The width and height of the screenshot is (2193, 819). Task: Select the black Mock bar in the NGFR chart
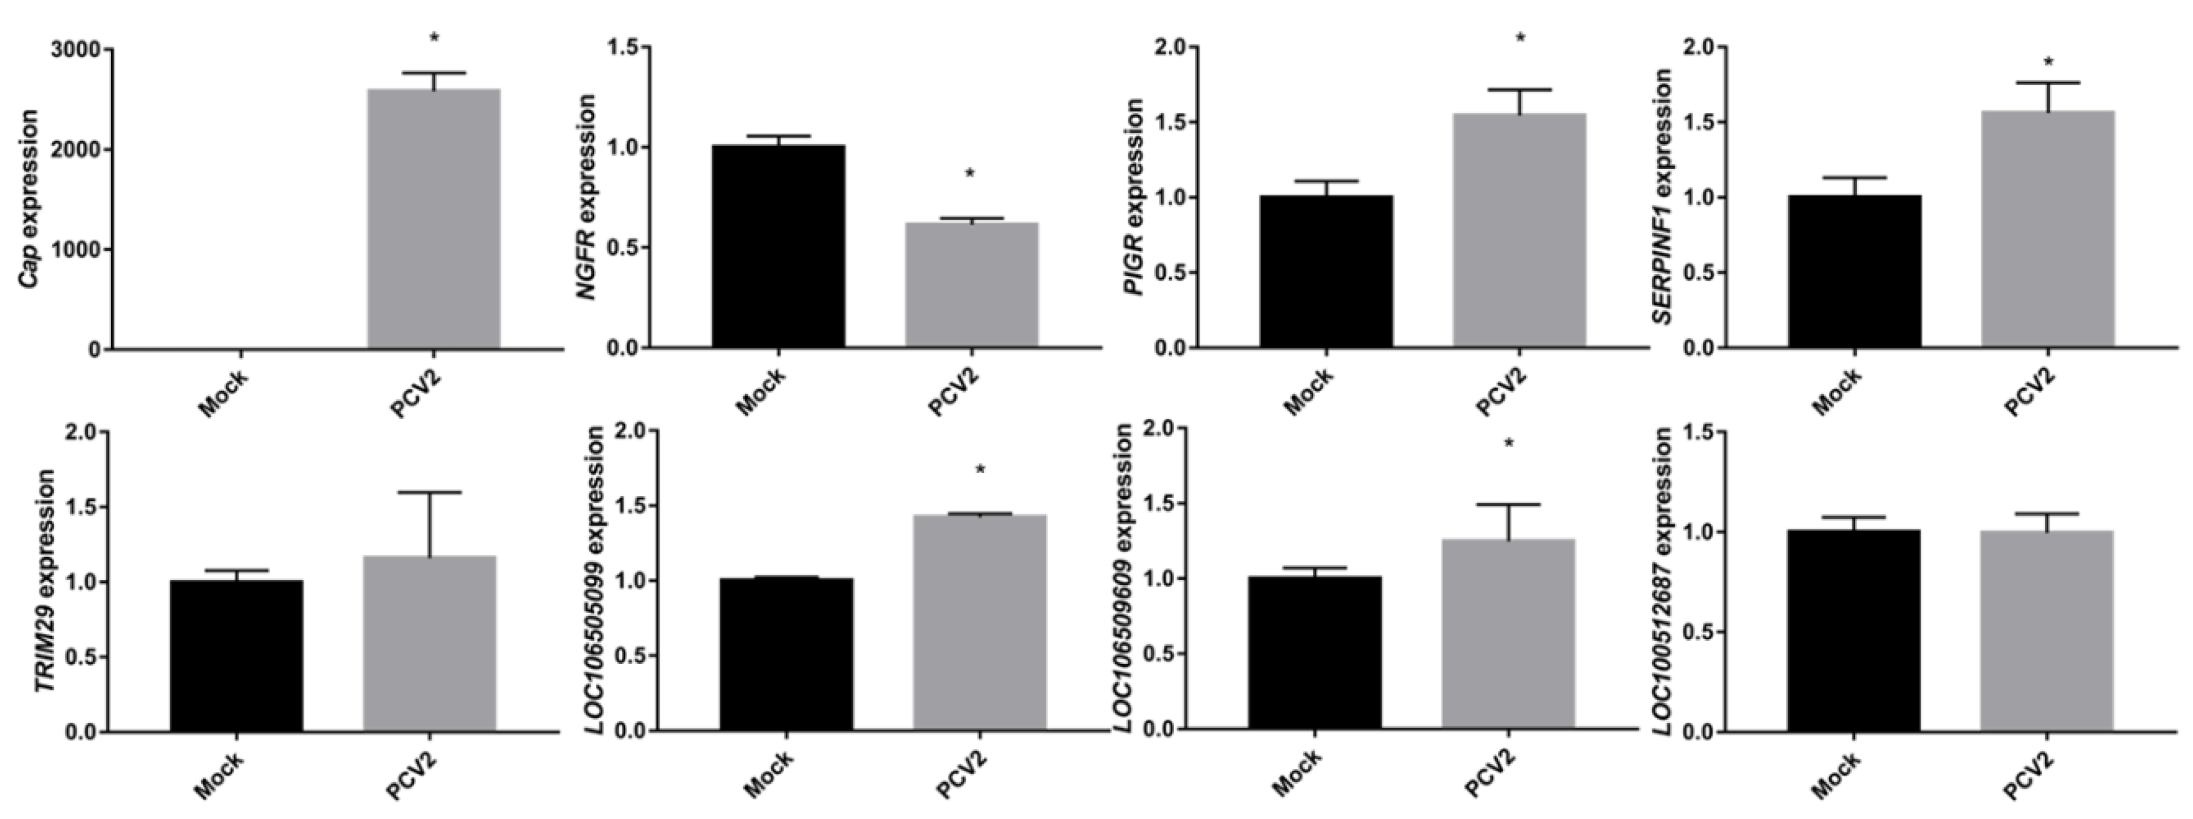click(778, 247)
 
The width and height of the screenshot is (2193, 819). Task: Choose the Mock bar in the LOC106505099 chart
click(786, 655)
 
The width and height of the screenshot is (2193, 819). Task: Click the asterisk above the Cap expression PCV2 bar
click(434, 38)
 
